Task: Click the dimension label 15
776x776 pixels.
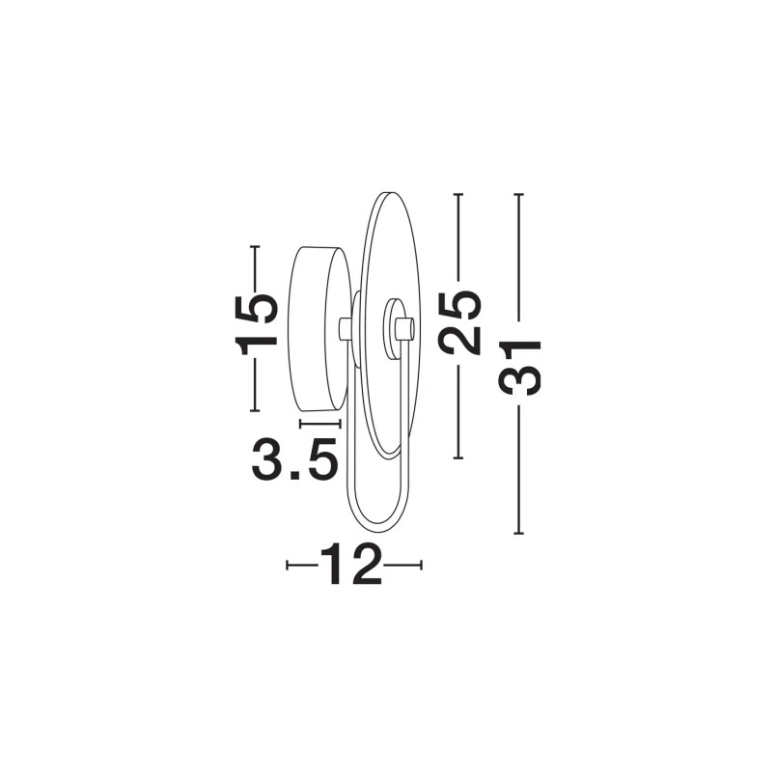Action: coord(256,325)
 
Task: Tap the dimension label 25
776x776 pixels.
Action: coord(459,322)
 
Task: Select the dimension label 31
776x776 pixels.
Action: coord(519,368)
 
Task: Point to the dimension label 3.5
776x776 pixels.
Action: coord(295,459)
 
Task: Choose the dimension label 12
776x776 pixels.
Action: coord(351,565)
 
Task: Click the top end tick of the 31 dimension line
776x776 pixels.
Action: coord(518,194)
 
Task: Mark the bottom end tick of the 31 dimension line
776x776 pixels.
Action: coord(518,534)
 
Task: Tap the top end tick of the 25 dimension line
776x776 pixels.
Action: coord(458,194)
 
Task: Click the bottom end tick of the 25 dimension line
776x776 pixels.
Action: coord(458,458)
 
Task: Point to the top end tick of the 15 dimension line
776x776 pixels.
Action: coord(255,246)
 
